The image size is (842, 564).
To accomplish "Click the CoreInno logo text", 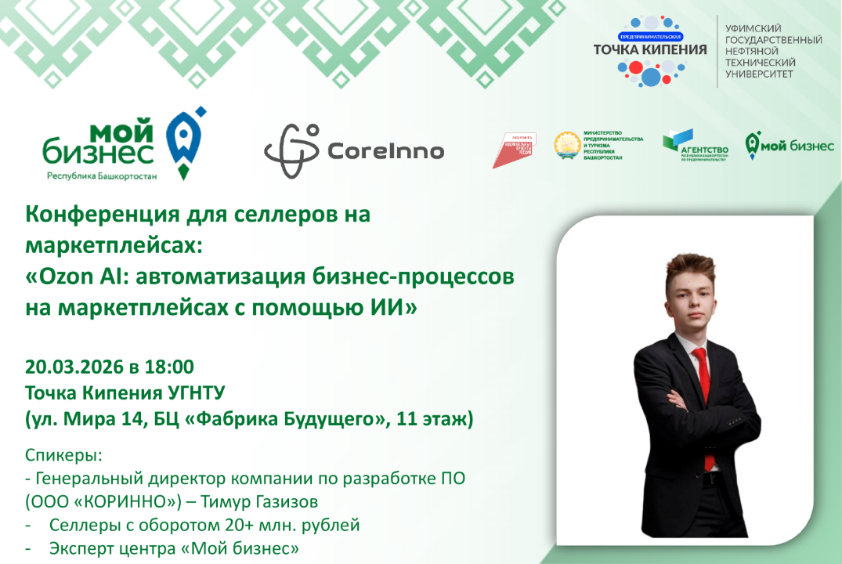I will pos(385,150).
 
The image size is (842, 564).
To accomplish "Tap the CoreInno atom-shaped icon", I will pos(291,150).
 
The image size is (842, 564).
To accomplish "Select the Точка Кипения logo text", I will pos(650,49).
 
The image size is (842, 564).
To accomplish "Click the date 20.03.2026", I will pos(74,367).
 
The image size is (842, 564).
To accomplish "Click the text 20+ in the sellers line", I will pos(200,525).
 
